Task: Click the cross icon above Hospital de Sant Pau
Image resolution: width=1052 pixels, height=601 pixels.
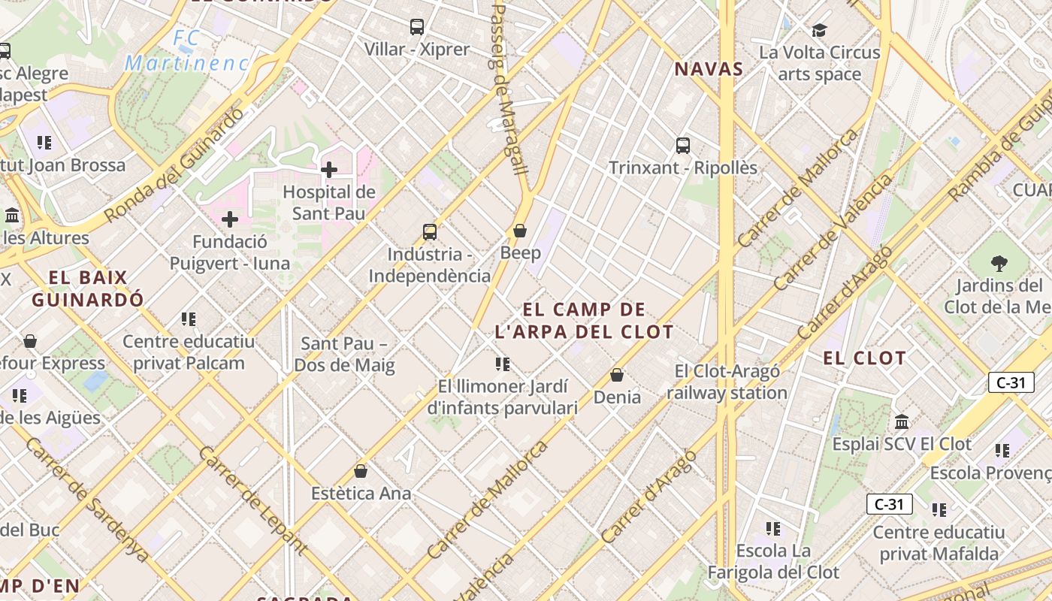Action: pyautogui.click(x=328, y=170)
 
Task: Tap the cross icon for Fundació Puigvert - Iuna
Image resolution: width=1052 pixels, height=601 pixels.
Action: pyautogui.click(x=230, y=219)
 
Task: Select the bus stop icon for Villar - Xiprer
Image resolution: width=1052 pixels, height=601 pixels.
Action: pyautogui.click(x=417, y=27)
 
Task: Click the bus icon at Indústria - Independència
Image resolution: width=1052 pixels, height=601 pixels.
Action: pyautogui.click(x=430, y=232)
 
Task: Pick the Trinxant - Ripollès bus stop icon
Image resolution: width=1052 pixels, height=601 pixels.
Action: pyautogui.click(x=683, y=146)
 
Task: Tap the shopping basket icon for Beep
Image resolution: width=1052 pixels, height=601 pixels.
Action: pyautogui.click(x=520, y=231)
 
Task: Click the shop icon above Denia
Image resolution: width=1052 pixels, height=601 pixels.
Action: pyautogui.click(x=617, y=375)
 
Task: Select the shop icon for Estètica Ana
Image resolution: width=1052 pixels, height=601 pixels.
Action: pyautogui.click(x=361, y=472)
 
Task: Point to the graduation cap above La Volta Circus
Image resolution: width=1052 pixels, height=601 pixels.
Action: pyautogui.click(x=819, y=31)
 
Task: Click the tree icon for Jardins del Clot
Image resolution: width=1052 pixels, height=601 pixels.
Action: pyautogui.click(x=999, y=264)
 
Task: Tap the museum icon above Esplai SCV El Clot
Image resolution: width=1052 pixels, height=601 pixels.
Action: pyautogui.click(x=902, y=421)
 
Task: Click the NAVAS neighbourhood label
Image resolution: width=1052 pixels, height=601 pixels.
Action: pyautogui.click(x=709, y=70)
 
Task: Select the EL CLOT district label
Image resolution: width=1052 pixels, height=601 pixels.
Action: pyautogui.click(x=864, y=358)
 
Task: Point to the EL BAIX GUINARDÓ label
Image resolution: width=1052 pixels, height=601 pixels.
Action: pyautogui.click(x=88, y=288)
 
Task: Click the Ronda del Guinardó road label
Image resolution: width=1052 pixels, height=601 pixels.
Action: pyautogui.click(x=174, y=165)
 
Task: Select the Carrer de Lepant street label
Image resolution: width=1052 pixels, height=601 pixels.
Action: pyautogui.click(x=252, y=500)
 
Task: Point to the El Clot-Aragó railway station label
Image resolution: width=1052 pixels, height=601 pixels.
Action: pyautogui.click(x=727, y=382)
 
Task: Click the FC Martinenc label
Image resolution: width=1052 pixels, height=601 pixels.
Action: pyautogui.click(x=186, y=51)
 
